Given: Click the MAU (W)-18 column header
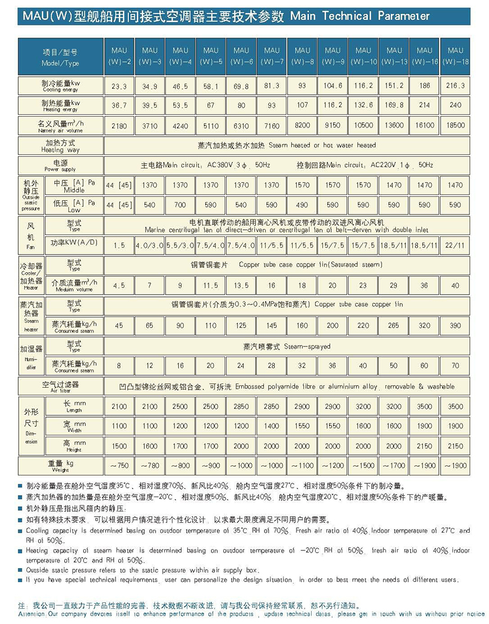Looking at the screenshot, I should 455,56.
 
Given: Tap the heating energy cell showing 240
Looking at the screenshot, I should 455,105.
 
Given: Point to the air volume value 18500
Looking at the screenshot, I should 455,125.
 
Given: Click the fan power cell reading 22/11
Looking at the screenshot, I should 455,245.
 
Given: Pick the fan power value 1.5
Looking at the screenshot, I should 119,245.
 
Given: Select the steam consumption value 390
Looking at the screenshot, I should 455,325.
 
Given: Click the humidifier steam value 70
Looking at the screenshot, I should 455,366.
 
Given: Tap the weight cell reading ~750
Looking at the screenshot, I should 119,465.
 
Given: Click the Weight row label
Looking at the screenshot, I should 61,465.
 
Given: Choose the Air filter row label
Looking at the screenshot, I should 61,386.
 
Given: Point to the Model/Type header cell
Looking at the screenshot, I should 61,57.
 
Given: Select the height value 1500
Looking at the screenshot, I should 119,446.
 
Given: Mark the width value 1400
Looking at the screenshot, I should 272,425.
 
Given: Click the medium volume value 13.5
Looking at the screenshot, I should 242,285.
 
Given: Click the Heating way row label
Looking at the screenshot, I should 61,146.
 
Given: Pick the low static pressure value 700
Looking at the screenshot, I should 180,205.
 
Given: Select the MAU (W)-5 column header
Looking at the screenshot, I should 210,56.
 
